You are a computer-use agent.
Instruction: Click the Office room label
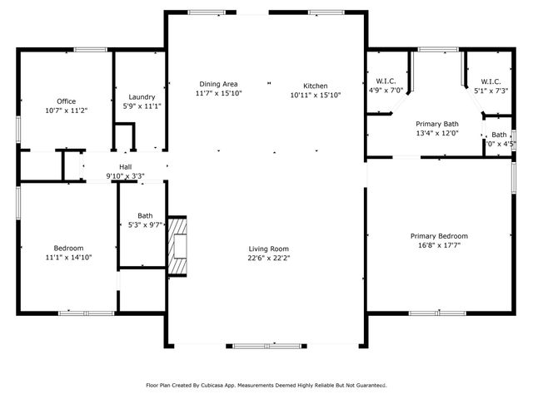point(66,101)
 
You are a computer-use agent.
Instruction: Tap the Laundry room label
point(142,96)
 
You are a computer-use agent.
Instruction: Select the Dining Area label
point(218,84)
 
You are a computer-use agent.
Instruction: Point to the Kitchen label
point(315,86)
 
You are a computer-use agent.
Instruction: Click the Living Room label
point(268,249)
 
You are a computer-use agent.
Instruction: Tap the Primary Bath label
point(437,123)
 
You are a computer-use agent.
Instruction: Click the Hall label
point(125,167)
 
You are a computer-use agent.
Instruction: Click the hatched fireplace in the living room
point(177,246)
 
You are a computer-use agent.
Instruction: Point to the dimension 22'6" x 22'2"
point(268,258)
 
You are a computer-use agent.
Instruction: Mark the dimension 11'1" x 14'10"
point(68,257)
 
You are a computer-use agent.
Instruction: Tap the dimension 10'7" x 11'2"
point(66,110)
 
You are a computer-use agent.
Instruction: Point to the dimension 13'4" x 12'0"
point(437,132)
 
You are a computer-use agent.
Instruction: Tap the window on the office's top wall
point(89,49)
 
